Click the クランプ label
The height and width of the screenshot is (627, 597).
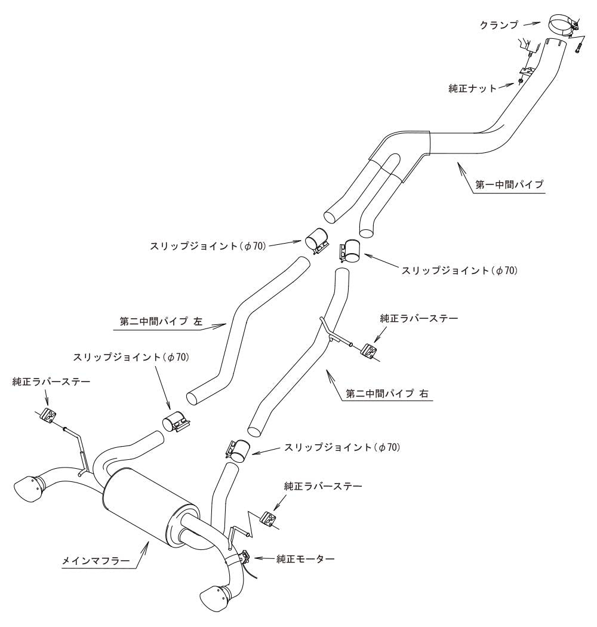499,25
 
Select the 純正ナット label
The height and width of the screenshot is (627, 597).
472,88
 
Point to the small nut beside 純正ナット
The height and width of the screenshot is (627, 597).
521,81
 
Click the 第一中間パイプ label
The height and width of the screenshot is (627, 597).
509,185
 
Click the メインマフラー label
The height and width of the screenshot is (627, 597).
96,561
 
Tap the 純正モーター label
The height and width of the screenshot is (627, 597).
306,558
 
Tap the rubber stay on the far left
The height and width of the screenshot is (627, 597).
49,416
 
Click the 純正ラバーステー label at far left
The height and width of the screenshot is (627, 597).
51,382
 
